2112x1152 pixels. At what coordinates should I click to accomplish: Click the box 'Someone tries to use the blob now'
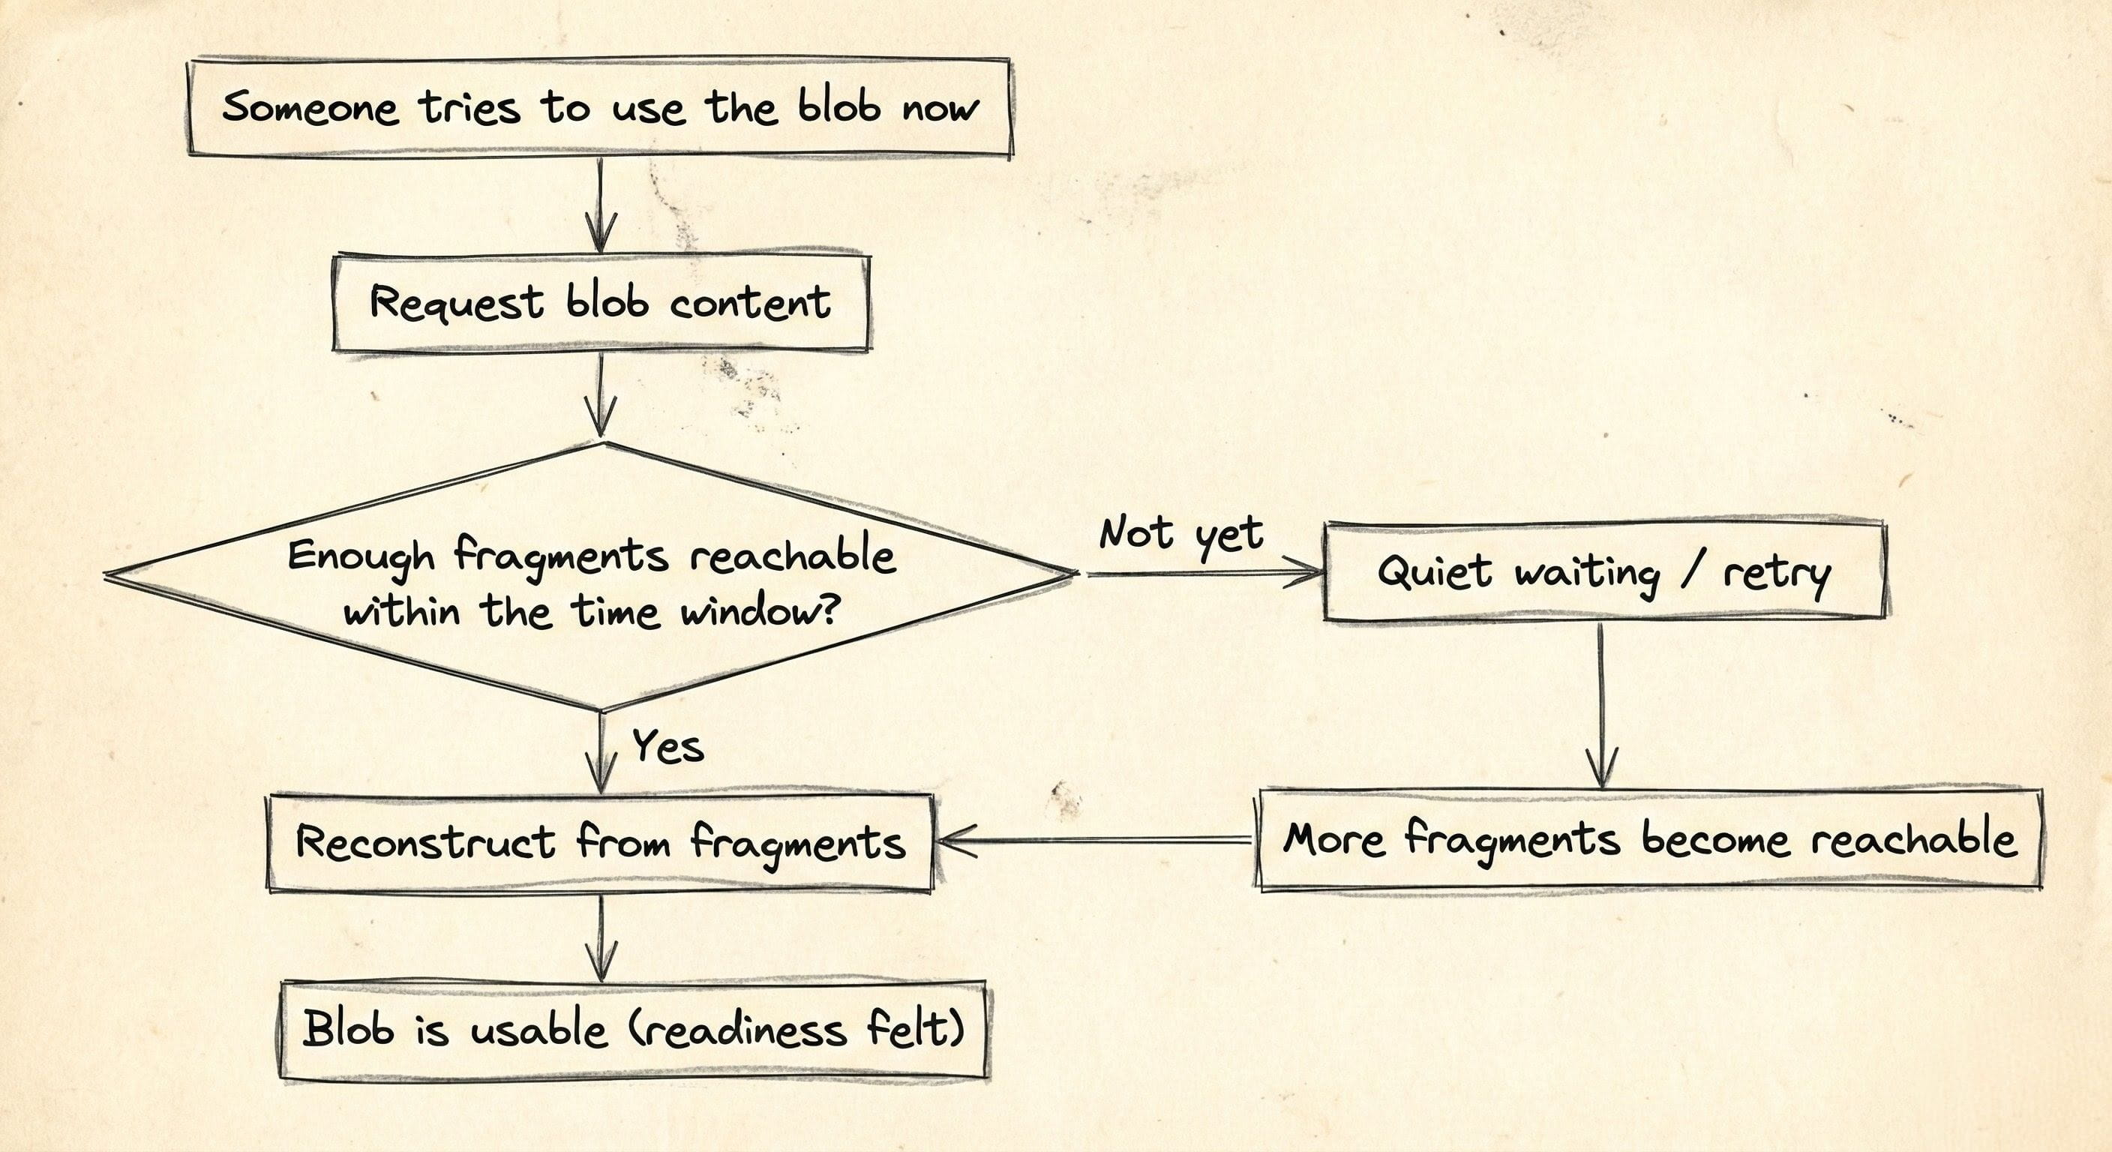pyautogui.click(x=599, y=106)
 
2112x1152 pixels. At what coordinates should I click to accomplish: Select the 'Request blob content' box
pyautogui.click(x=600, y=303)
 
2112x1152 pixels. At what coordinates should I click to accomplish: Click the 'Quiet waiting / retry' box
pyautogui.click(x=1603, y=571)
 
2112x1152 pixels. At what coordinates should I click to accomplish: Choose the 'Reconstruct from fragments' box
pyautogui.click(x=600, y=842)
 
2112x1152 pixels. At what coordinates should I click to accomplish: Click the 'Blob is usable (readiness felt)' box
pyautogui.click(x=633, y=1030)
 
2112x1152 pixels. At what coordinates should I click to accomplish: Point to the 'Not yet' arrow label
pyautogui.click(x=1180, y=534)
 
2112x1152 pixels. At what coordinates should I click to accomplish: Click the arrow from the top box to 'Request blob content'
pyautogui.click(x=601, y=205)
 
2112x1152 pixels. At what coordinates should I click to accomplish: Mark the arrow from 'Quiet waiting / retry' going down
pyautogui.click(x=1601, y=705)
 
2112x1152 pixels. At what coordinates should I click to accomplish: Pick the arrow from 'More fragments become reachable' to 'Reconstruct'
pyautogui.click(x=1095, y=841)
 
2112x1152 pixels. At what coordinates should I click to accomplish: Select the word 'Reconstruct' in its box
pyautogui.click(x=424, y=842)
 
